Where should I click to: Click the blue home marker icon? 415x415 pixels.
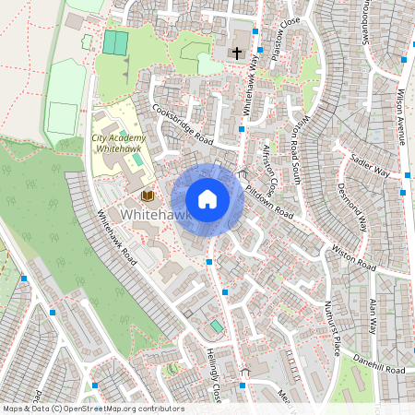click(207, 199)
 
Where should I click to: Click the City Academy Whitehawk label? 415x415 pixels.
click(118, 143)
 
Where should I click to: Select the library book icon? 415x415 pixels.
click(147, 196)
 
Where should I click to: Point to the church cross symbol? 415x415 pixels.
click(236, 53)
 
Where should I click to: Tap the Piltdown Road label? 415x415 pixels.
click(269, 199)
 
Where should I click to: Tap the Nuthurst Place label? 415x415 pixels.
click(333, 328)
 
